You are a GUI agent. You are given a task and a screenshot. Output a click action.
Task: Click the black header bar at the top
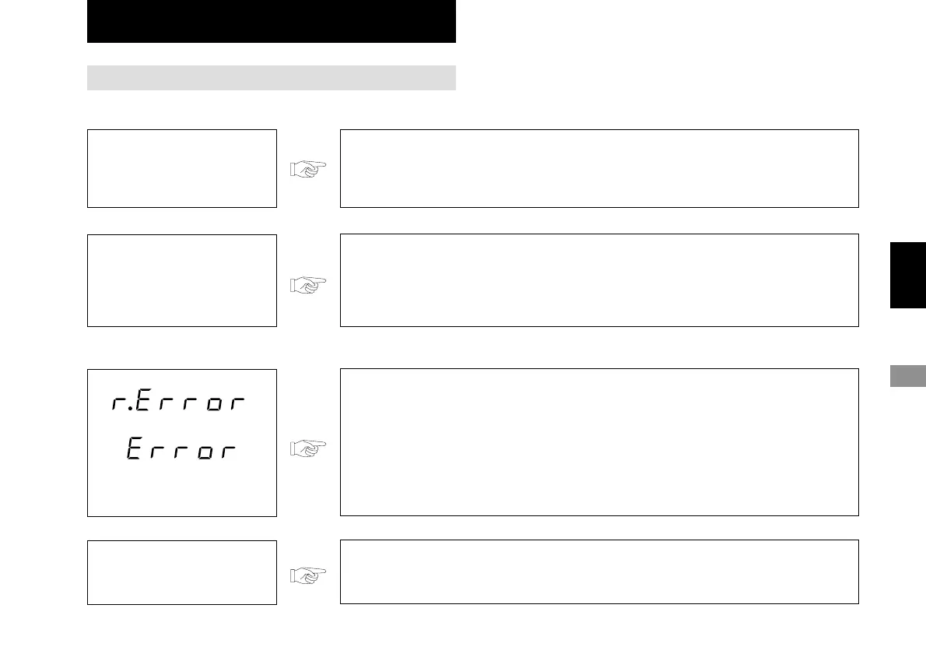[x=271, y=21]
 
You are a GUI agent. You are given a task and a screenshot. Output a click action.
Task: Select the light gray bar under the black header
[x=271, y=78]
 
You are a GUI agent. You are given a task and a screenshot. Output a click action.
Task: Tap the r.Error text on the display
[x=179, y=404]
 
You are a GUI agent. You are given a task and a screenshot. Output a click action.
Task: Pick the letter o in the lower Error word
[x=205, y=452]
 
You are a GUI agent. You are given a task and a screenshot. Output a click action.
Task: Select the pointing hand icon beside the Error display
[x=308, y=448]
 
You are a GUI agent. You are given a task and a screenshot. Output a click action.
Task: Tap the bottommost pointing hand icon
[x=308, y=575]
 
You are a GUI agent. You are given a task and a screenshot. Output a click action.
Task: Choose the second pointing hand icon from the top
[x=308, y=285]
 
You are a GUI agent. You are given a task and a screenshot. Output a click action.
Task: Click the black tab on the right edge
[x=907, y=275]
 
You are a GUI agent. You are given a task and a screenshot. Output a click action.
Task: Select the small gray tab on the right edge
[x=907, y=375]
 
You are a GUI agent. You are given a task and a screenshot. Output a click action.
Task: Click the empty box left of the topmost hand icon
[x=182, y=168]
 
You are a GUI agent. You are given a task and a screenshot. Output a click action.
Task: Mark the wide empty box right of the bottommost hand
[x=599, y=571]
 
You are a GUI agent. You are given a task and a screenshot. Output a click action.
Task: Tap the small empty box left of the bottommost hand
[x=182, y=572]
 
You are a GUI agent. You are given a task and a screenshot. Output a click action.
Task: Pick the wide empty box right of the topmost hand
[x=599, y=168]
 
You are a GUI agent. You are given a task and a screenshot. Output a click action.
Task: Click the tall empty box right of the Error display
[x=599, y=442]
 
